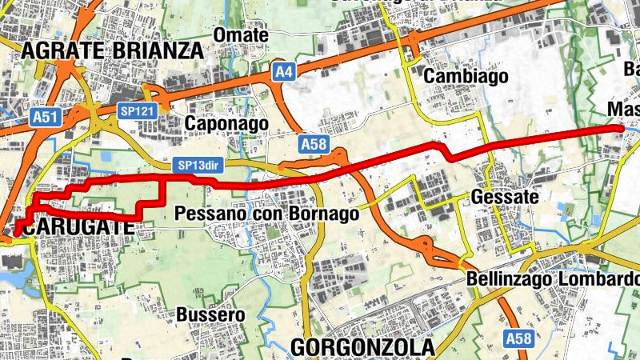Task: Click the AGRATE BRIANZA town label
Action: [x=113, y=51]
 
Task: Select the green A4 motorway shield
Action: [x=283, y=73]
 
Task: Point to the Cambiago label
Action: [x=455, y=76]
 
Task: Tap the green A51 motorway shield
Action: [x=46, y=118]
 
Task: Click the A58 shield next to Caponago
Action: [x=314, y=145]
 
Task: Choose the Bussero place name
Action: [x=210, y=314]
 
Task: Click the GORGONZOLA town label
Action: [x=362, y=347]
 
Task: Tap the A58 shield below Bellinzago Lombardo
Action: [x=518, y=339]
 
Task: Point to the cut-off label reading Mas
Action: [x=622, y=109]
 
